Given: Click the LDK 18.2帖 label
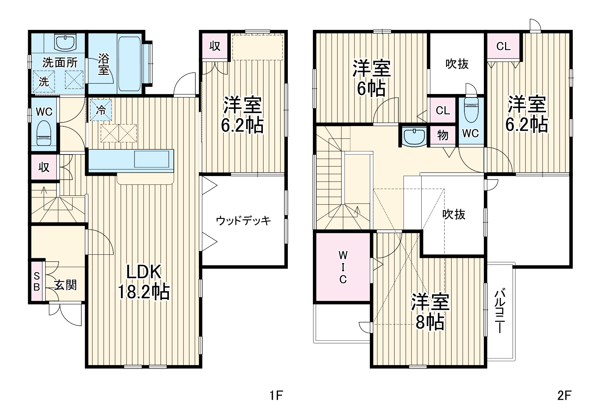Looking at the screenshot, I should [x=144, y=282].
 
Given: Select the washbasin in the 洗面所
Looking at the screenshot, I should [x=65, y=42].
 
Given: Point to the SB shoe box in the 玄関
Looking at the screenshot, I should [x=36, y=281].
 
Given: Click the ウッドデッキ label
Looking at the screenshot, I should [x=243, y=221].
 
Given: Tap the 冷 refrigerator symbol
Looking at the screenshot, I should [x=101, y=110].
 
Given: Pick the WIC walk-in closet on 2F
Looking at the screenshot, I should [x=343, y=267].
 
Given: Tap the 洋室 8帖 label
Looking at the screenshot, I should [x=430, y=312].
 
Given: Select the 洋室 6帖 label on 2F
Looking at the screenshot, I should [x=372, y=78].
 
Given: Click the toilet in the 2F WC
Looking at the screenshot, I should [x=471, y=110].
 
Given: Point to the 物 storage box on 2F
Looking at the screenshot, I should [x=443, y=135].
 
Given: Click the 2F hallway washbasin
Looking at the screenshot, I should [x=414, y=136].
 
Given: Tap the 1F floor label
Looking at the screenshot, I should [x=277, y=395].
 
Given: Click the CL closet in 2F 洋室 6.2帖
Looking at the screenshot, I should [x=503, y=46].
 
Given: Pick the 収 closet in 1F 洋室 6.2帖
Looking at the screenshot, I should [x=215, y=46].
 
